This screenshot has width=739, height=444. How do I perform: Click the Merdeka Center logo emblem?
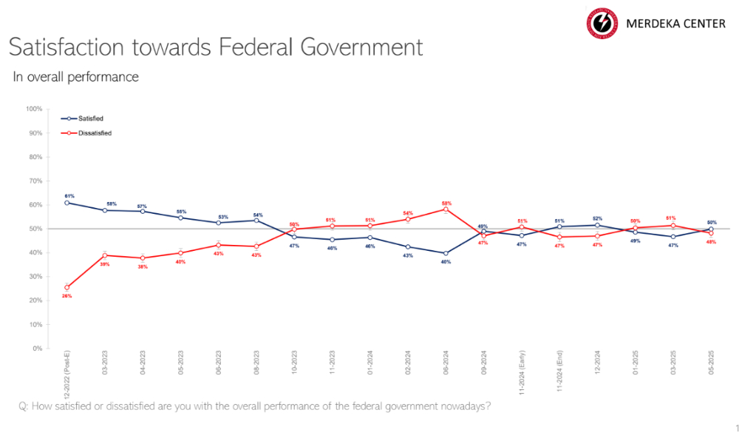point(603,23)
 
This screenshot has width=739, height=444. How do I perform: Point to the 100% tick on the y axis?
point(34,109)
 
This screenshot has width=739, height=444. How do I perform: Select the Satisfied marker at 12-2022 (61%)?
point(67,203)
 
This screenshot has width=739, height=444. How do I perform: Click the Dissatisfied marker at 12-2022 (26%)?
point(67,287)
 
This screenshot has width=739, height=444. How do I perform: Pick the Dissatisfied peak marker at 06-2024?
point(446,209)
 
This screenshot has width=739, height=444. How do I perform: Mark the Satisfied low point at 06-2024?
point(446,253)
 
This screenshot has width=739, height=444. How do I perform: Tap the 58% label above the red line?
point(446,203)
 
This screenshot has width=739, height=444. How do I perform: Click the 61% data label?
point(69,196)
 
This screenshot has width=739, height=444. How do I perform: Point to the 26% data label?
point(67,296)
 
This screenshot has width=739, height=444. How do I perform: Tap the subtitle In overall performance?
point(75,77)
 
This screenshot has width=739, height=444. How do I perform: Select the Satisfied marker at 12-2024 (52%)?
point(597,225)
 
